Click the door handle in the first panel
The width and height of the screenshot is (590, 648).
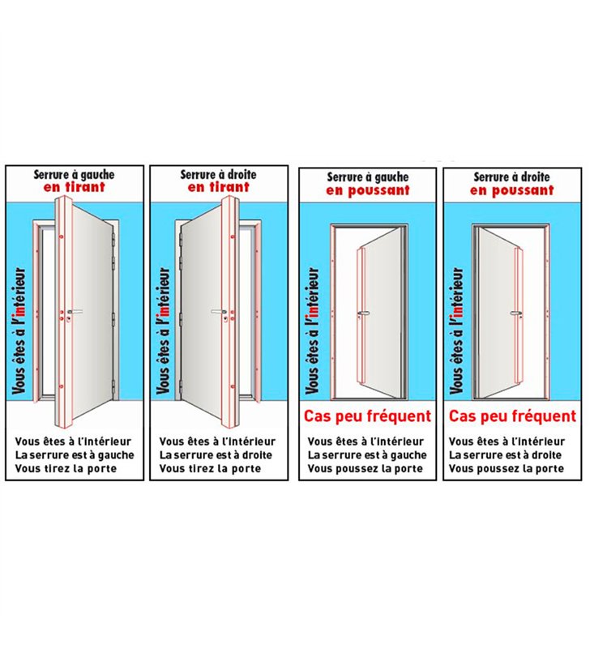pyautogui.click(x=75, y=312)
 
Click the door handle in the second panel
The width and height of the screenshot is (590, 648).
pyautogui.click(x=219, y=312)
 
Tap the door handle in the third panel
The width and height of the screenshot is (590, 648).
pyautogui.click(x=362, y=313)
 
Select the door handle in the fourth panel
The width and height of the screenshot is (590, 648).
pyautogui.click(x=515, y=313)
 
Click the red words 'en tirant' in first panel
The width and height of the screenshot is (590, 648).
pyautogui.click(x=74, y=187)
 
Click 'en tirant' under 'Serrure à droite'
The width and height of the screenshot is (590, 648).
pyautogui.click(x=218, y=187)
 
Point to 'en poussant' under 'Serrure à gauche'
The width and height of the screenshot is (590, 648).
pyautogui.click(x=368, y=190)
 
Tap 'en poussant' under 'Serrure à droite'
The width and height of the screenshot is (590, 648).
pyautogui.click(x=512, y=190)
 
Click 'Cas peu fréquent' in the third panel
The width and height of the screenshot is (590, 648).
pyautogui.click(x=367, y=416)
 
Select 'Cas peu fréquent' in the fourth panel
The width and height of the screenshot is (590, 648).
pyautogui.click(x=512, y=416)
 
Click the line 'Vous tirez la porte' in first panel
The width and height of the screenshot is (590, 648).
pyautogui.click(x=66, y=469)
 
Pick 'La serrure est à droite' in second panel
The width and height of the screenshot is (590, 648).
pyautogui.click(x=216, y=455)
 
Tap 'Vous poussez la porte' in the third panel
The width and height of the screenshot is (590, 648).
pyautogui.click(x=365, y=469)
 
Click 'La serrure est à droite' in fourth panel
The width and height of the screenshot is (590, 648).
pyautogui.click(x=505, y=455)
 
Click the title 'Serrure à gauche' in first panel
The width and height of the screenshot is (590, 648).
pyautogui.click(x=74, y=175)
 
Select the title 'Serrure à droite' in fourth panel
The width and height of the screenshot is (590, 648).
pyautogui.click(x=512, y=177)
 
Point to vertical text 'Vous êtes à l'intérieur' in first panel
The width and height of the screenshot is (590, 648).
pyautogui.click(x=19, y=330)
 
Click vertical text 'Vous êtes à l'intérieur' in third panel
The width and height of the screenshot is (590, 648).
pyautogui.click(x=313, y=330)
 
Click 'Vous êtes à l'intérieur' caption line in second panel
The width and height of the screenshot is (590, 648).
pyautogui.click(x=217, y=441)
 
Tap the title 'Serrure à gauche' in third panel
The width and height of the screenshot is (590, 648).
pyautogui.click(x=368, y=177)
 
